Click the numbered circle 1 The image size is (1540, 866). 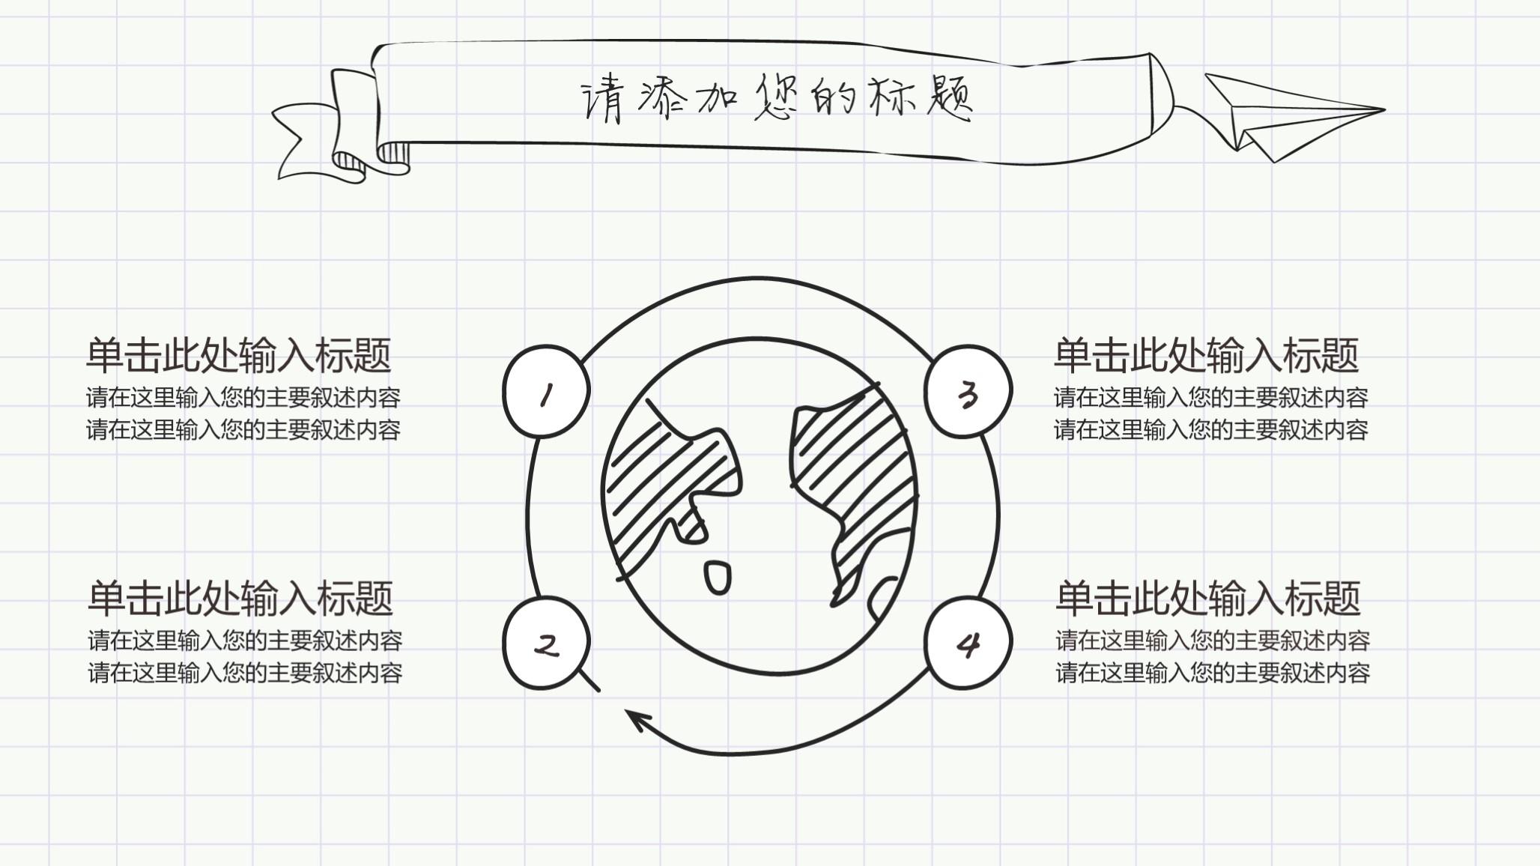(546, 392)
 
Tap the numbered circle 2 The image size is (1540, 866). (546, 644)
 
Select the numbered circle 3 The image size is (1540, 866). (967, 392)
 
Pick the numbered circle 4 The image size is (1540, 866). (967, 644)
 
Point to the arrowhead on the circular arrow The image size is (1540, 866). (637, 720)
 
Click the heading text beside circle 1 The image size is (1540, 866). (239, 355)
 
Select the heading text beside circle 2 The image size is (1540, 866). (240, 598)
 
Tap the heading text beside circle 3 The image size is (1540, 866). (1206, 355)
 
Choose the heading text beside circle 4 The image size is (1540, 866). (1207, 598)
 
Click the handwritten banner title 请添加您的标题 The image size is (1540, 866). (777, 98)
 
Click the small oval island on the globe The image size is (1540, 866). (718, 578)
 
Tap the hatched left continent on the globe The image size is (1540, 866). (659, 479)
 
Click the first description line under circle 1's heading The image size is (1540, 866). (243, 397)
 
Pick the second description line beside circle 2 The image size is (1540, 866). (245, 673)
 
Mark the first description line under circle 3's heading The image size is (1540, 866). (1210, 397)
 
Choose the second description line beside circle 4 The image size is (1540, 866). (1213, 673)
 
